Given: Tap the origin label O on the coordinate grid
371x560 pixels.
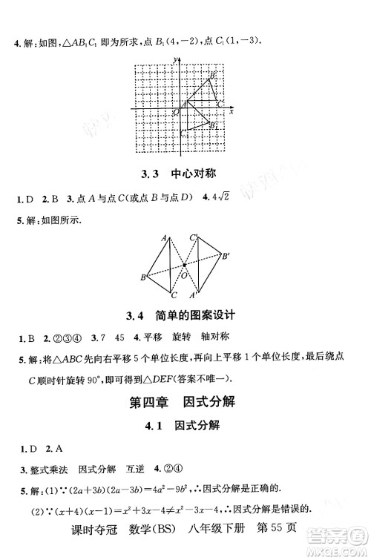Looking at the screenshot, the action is pyautogui.click(x=177, y=112).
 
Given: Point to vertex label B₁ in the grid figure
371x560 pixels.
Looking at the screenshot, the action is pyautogui.click(x=214, y=126).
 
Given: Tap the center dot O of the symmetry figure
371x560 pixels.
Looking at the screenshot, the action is pyautogui.click(x=184, y=265).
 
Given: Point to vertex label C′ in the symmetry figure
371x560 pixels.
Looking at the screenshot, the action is pyautogui.click(x=192, y=237).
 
